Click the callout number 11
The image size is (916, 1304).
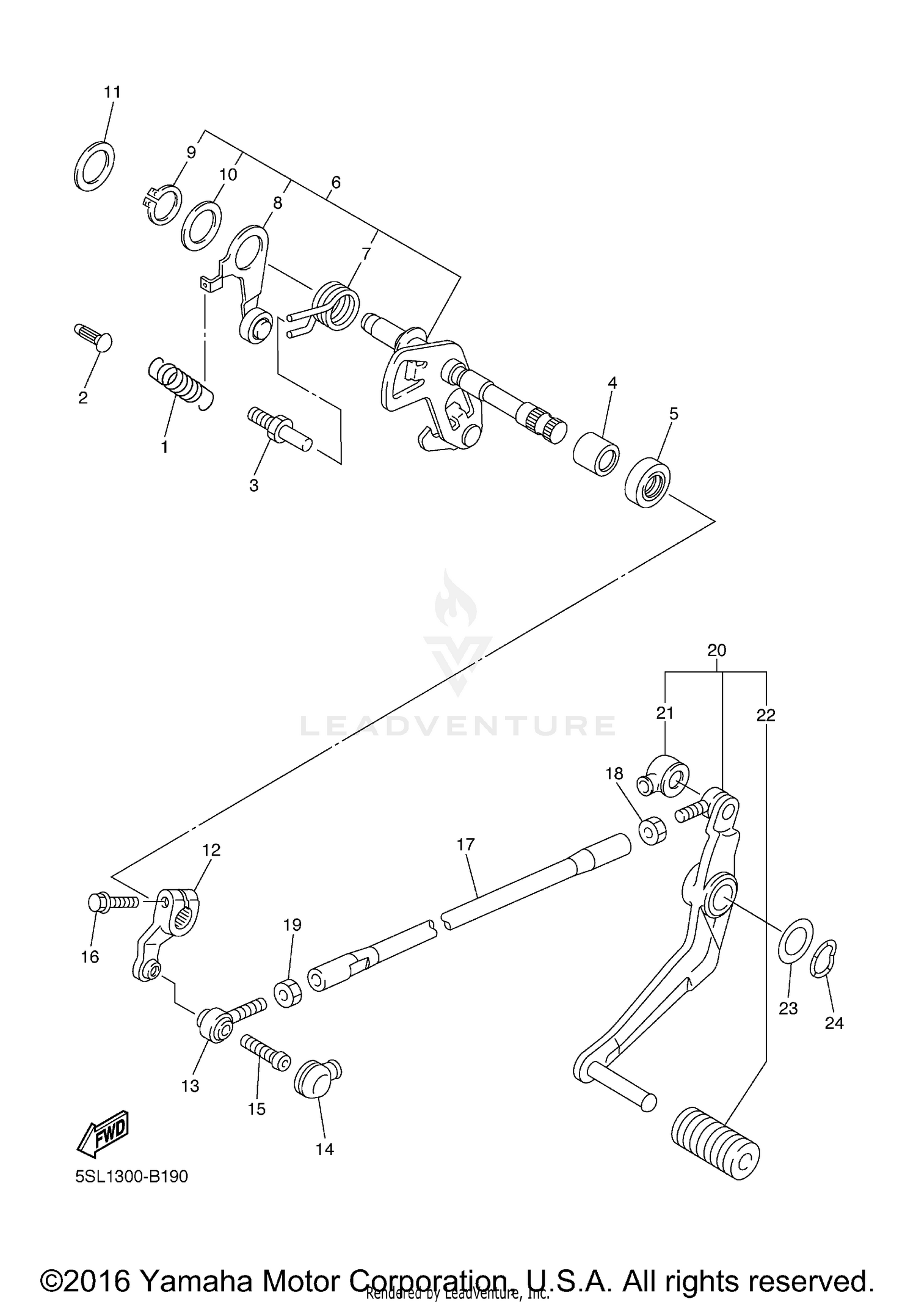coord(112,92)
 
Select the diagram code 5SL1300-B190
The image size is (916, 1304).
coord(132,1176)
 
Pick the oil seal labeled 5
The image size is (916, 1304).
coord(647,481)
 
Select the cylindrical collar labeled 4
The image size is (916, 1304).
coord(596,454)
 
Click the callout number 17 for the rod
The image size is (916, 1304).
coord(465,845)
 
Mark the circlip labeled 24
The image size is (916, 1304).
coord(824,958)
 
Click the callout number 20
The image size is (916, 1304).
coord(717,650)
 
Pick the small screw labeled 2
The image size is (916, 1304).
coord(95,337)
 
